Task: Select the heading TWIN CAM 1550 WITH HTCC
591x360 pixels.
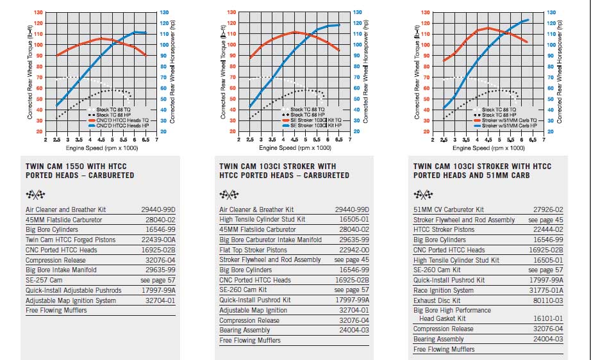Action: tap(71, 166)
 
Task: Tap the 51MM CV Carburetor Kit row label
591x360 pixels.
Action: tap(449, 209)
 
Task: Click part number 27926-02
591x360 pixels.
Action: tap(549, 209)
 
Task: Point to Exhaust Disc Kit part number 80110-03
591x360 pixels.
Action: tap(549, 300)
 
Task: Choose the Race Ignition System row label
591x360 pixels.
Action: tap(444, 290)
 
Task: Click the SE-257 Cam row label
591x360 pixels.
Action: tap(44, 281)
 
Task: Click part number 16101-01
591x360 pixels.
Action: tap(549, 318)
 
